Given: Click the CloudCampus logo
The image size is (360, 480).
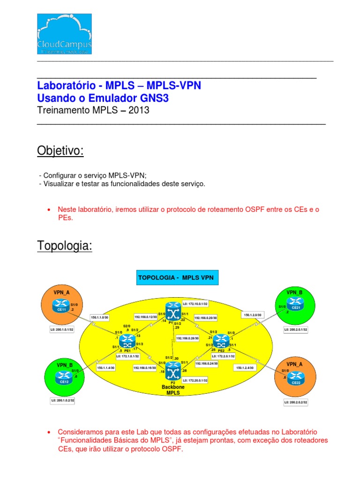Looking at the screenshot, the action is tap(64, 34).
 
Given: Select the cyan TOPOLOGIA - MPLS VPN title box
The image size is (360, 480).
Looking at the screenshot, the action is tap(176, 278).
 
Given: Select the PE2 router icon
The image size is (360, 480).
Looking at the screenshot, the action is tap(220, 339).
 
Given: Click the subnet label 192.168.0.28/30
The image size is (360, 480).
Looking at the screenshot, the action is tap(187, 337).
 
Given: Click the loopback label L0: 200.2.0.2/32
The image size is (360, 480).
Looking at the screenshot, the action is tap(296, 402).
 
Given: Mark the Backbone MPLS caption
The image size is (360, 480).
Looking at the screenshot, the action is tap(173, 390).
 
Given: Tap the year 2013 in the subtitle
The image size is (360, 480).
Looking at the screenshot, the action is tap(138, 111).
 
